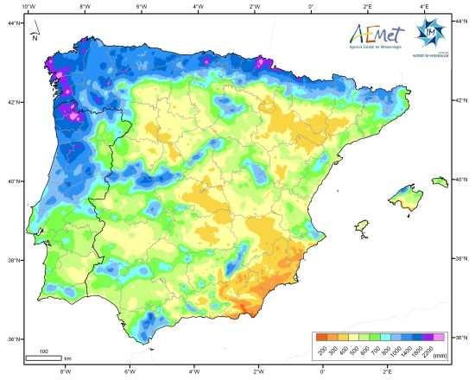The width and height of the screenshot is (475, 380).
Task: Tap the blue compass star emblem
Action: click(x=428, y=32)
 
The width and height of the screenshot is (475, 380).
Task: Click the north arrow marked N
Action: click(x=34, y=35)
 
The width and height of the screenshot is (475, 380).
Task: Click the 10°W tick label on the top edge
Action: click(x=28, y=6)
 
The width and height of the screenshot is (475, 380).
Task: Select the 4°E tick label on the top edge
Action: click(x=424, y=6)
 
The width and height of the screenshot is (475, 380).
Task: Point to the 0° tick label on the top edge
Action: click(x=311, y=6)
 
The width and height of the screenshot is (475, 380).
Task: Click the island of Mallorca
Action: click(x=407, y=196)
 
